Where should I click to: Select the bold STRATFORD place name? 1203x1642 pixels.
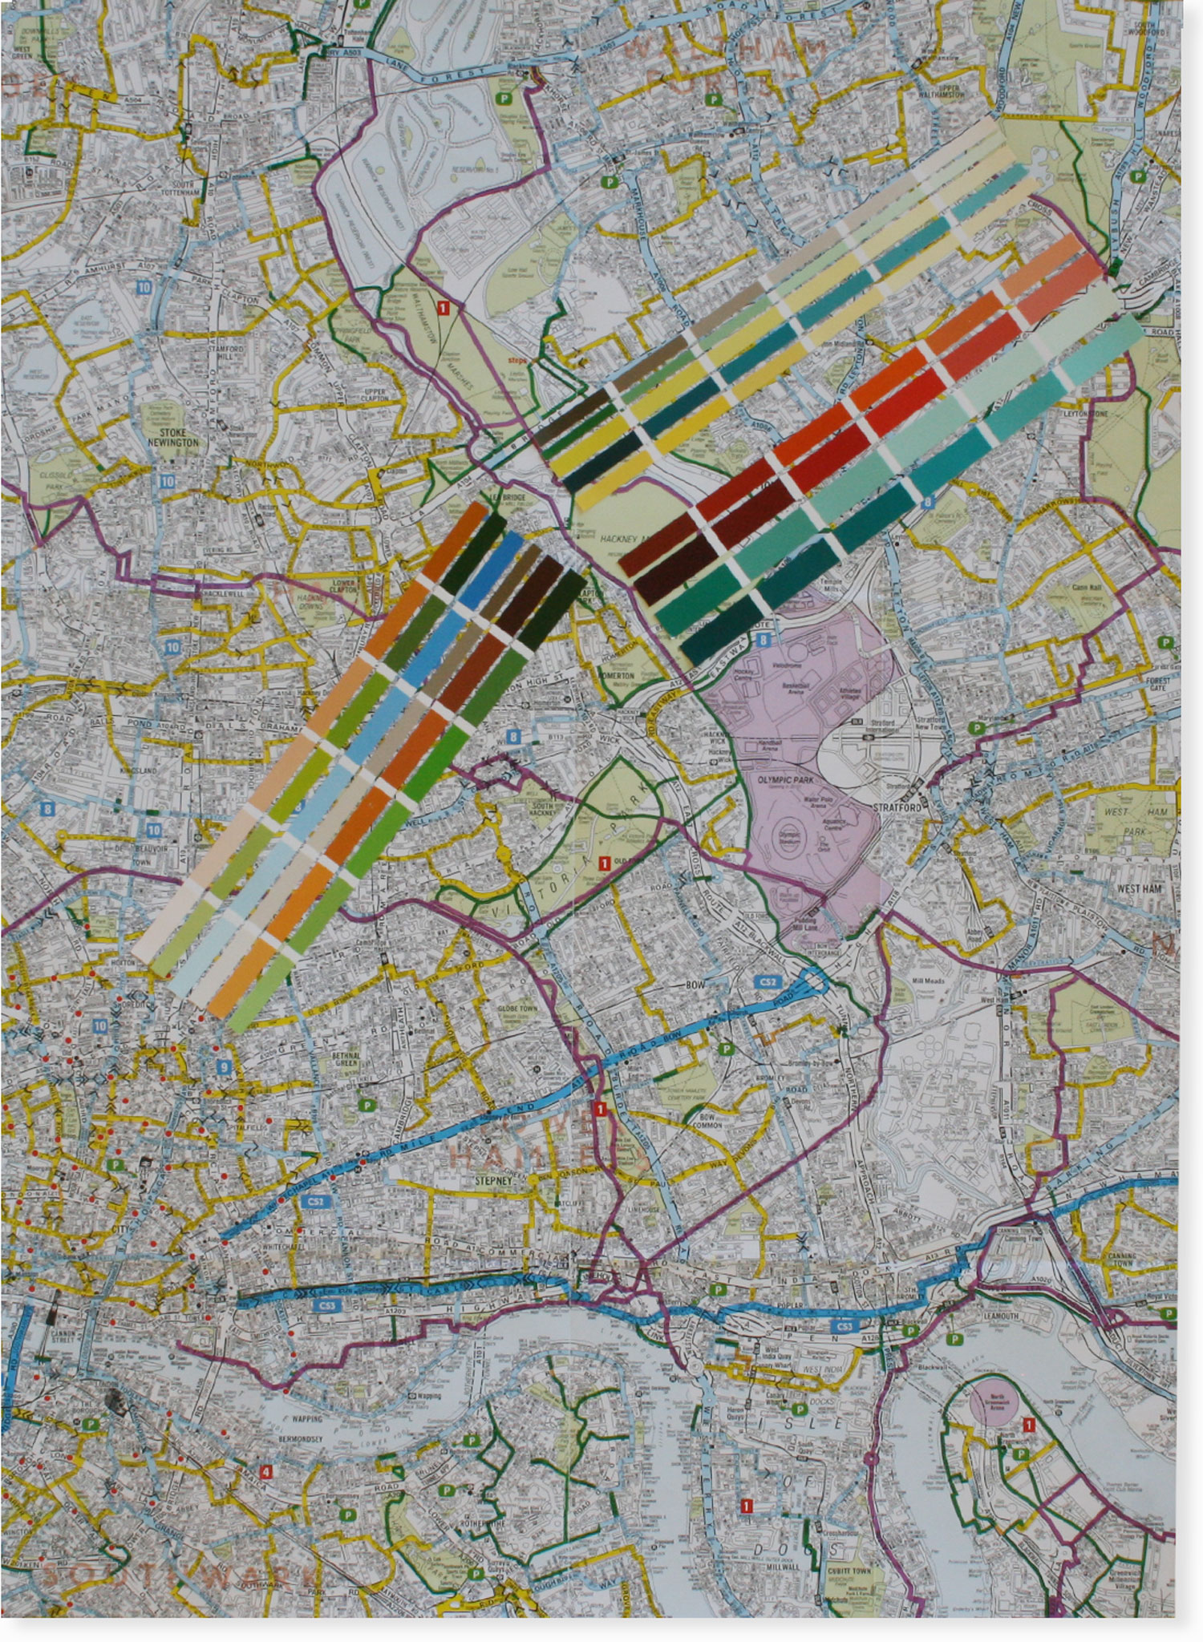click(901, 807)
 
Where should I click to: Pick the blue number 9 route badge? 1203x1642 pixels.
click(224, 1067)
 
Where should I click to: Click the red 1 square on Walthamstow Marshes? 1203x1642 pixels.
click(444, 306)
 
